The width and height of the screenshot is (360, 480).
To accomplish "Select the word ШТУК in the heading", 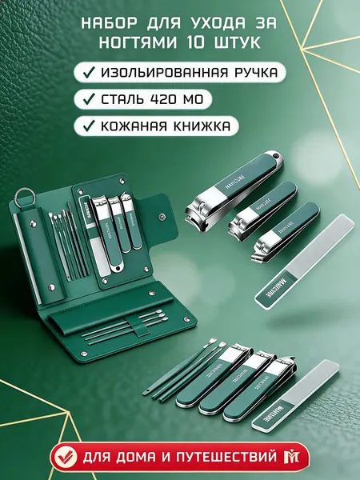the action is click(x=236, y=42).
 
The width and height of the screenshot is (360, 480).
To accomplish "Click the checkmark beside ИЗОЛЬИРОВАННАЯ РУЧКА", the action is click(x=89, y=73).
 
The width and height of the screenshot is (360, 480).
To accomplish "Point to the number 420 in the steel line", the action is click(x=166, y=99).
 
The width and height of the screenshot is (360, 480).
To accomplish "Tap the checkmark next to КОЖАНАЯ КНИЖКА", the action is click(x=89, y=126).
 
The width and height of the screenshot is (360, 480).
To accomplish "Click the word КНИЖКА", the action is click(x=202, y=126).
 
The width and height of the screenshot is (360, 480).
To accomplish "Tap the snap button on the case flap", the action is click(x=162, y=217).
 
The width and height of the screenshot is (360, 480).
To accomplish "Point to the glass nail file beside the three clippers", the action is click(x=304, y=262).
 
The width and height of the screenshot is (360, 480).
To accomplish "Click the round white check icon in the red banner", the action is click(x=64, y=458).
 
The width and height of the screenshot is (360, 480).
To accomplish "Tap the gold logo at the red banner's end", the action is click(x=289, y=458).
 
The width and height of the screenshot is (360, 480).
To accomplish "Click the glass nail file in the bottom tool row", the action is click(x=296, y=395).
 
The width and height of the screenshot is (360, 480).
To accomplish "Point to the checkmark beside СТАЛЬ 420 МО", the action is click(x=89, y=99).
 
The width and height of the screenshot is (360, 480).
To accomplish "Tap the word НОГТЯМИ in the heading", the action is click(x=138, y=42).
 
